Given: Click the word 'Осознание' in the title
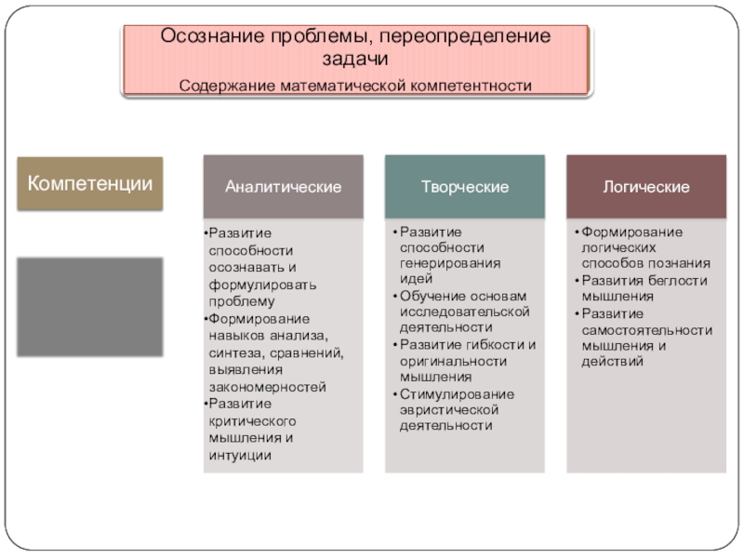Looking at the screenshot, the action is point(210,36).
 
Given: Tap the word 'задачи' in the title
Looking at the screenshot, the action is point(356,58).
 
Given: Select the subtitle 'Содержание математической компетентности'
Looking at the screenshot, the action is point(356,86).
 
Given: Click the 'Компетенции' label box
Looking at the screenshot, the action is point(90,182).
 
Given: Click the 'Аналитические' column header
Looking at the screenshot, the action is point(283,187).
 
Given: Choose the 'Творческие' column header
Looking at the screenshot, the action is point(465,187).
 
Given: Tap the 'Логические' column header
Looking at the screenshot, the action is point(646,187).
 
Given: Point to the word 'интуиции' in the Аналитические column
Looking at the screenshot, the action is point(240,455).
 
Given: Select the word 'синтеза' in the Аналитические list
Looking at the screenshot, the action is point(235,352).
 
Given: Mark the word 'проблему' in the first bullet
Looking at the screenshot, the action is point(242,301).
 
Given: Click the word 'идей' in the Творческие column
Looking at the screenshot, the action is point(415,277).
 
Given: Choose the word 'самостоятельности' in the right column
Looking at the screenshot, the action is point(647,329).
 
